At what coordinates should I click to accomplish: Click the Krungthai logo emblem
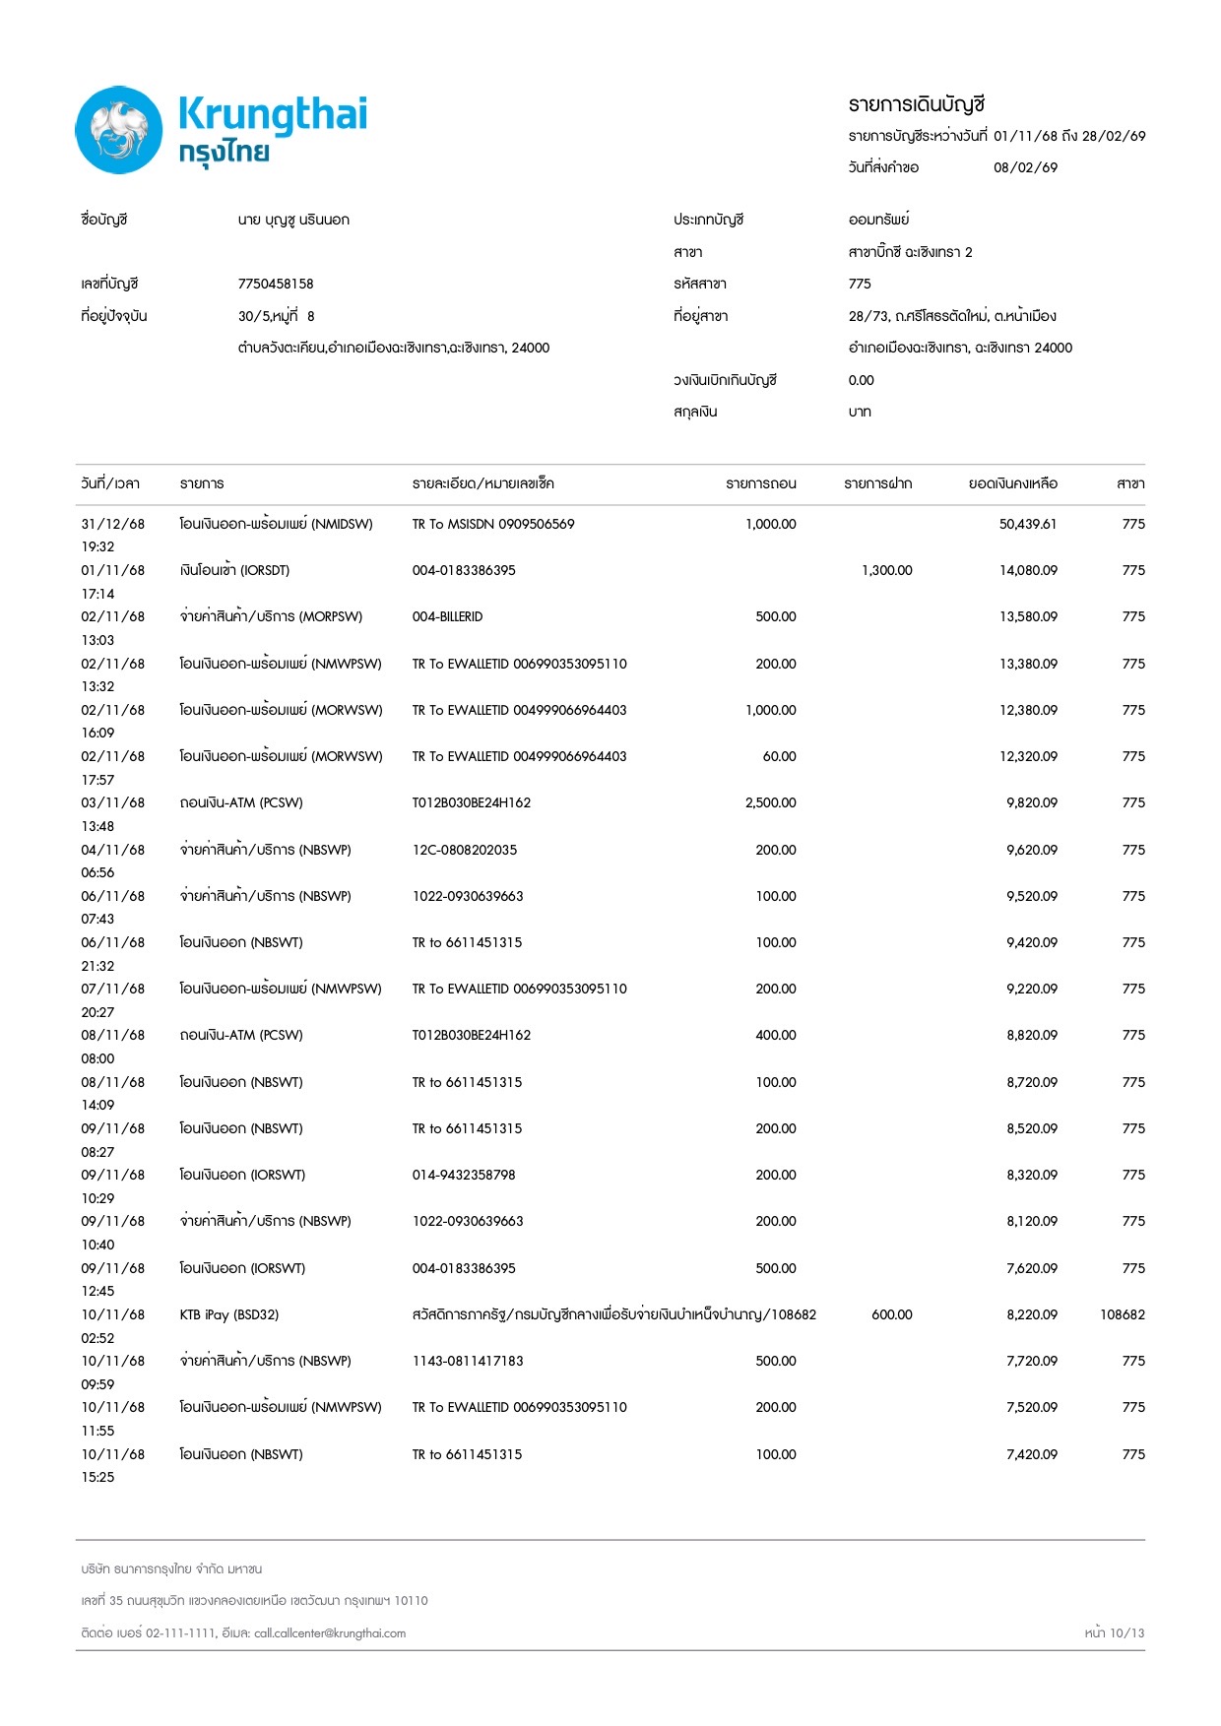(x=119, y=130)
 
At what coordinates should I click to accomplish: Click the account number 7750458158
(x=276, y=284)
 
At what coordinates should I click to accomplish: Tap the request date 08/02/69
(x=1025, y=167)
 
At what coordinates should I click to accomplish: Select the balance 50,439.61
(x=1027, y=524)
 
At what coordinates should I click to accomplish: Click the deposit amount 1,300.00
(x=886, y=570)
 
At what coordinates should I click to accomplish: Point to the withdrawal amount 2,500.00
(x=770, y=802)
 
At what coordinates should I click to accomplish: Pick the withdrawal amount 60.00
(x=779, y=756)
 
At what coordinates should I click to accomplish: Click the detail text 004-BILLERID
(x=447, y=616)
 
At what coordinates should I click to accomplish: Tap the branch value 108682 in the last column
(x=1122, y=1314)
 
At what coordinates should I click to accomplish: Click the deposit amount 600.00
(x=891, y=1314)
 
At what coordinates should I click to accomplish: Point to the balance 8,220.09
(x=1031, y=1314)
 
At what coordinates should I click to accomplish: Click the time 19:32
(x=97, y=546)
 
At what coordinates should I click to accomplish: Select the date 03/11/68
(x=112, y=802)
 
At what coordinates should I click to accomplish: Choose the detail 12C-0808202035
(x=464, y=850)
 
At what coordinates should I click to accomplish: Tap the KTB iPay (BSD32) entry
(x=228, y=1314)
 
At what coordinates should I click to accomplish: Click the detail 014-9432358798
(x=463, y=1175)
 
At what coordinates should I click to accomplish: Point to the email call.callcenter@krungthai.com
(x=330, y=1632)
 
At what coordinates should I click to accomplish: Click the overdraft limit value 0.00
(x=861, y=380)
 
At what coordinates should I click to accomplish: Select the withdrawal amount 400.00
(x=775, y=1035)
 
